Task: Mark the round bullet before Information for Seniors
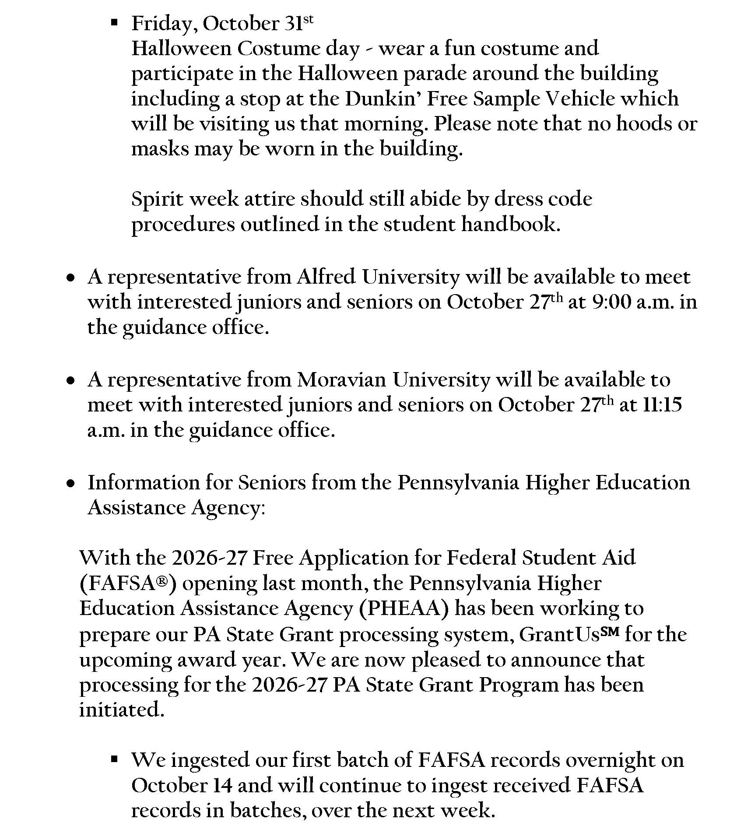[x=70, y=484]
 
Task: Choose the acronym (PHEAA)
[x=404, y=609]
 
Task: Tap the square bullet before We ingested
[x=115, y=759]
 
